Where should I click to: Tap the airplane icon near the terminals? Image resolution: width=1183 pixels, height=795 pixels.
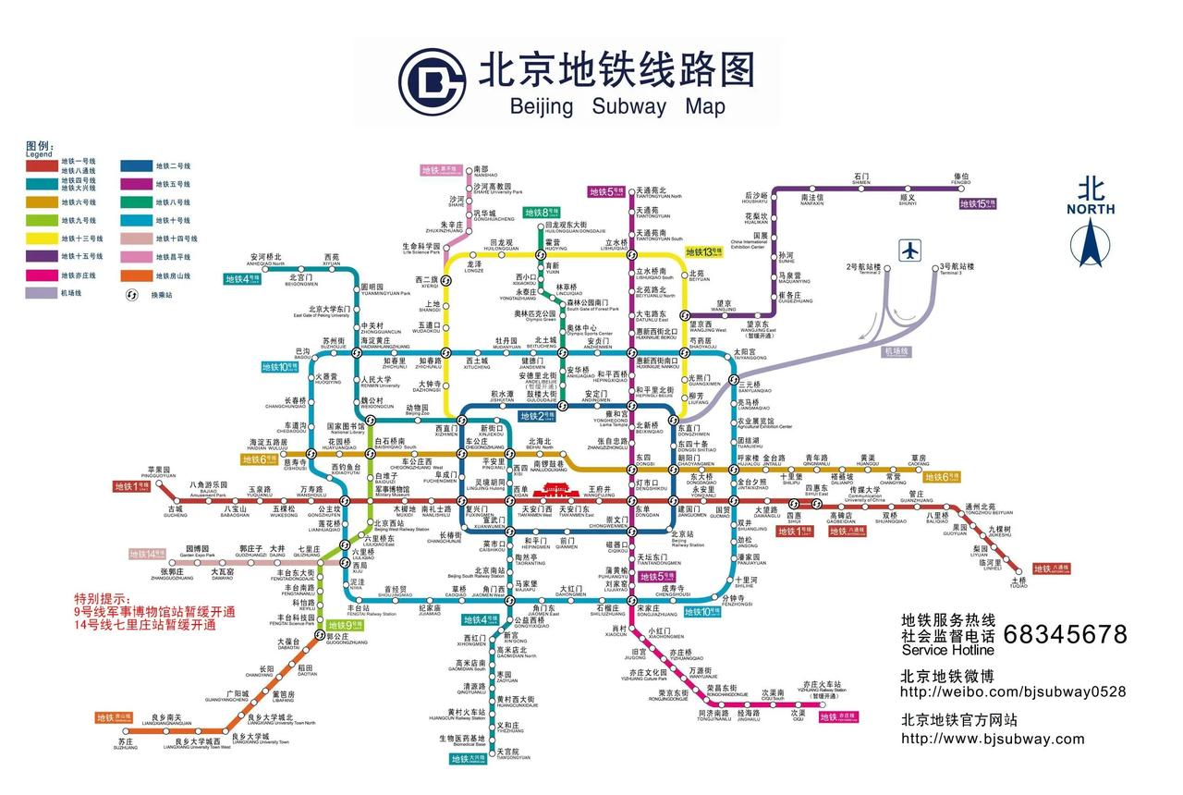[911, 250]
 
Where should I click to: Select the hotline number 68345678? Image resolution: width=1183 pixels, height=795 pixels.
[1065, 634]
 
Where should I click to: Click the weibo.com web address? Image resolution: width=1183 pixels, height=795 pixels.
[1013, 691]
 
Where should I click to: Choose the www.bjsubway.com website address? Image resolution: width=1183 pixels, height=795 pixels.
[993, 738]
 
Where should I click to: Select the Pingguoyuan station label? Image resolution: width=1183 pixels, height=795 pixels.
[160, 471]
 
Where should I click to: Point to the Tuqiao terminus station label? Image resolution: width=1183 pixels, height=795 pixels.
[1018, 582]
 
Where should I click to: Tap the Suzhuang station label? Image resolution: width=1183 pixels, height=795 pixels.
[126, 743]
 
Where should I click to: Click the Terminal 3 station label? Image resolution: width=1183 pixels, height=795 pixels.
[957, 269]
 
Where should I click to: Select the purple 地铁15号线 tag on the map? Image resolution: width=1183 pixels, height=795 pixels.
[981, 203]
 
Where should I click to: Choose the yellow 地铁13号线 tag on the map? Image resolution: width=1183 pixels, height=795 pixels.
[704, 251]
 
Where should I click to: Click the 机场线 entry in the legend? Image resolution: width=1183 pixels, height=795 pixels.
[72, 293]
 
